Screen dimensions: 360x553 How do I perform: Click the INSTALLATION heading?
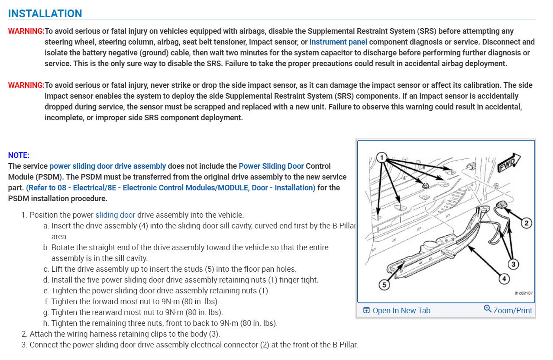45,13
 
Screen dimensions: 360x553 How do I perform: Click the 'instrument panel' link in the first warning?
338,42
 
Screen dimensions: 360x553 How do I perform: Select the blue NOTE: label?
19,155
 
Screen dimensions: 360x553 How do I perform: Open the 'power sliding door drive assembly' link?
107,166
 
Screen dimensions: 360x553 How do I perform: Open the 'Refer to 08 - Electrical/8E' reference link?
171,188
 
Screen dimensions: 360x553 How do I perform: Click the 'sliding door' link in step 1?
115,215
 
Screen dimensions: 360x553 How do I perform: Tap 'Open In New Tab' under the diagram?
397,311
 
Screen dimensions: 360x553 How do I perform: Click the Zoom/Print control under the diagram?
508,310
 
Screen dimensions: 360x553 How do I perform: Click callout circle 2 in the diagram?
526,223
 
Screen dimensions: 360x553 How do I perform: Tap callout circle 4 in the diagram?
503,279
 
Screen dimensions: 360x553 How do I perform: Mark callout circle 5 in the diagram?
384,285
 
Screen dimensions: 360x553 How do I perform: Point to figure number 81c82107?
524,293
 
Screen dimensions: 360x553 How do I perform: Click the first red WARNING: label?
26,31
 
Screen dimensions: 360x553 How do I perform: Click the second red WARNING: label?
26,85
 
